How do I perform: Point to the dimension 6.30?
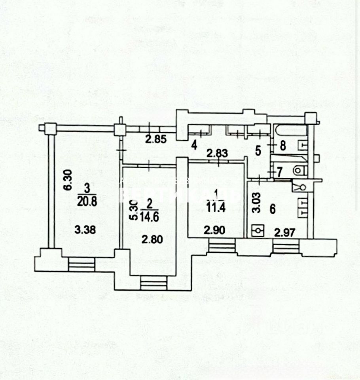68,180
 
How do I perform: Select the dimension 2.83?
217,154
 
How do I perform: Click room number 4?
194,145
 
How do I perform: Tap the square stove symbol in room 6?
258,230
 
